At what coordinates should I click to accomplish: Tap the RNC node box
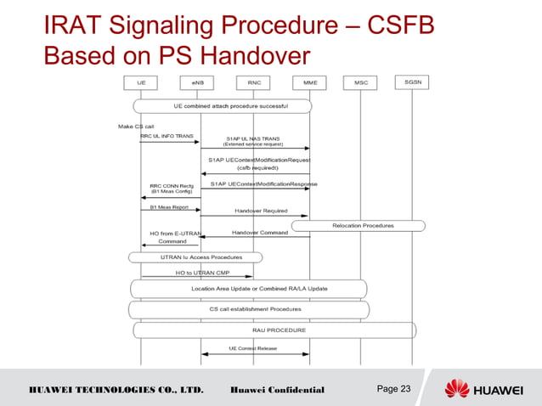(253, 82)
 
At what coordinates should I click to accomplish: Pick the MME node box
(308, 82)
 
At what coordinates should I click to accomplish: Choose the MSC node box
(360, 82)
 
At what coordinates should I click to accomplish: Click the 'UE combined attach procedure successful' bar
(223, 106)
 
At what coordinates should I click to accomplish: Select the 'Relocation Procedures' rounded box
(357, 225)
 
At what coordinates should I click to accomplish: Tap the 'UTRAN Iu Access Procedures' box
(195, 257)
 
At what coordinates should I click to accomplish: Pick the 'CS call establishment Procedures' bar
(249, 309)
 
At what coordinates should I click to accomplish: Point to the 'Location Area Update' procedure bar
(249, 288)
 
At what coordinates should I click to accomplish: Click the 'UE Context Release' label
(255, 348)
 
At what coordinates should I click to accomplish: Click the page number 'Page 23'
(392, 389)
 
